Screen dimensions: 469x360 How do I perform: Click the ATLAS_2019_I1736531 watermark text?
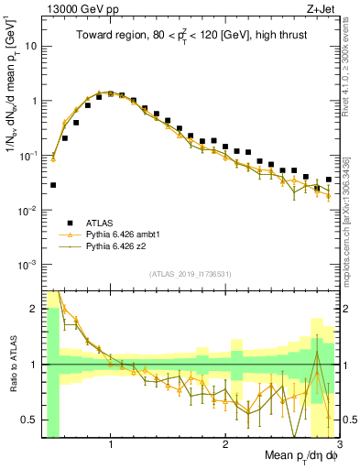click(191, 274)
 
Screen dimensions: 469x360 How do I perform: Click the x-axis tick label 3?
click(338, 445)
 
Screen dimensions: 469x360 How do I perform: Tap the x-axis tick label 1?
click(111, 445)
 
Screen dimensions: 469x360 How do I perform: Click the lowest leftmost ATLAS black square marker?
click(53, 185)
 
